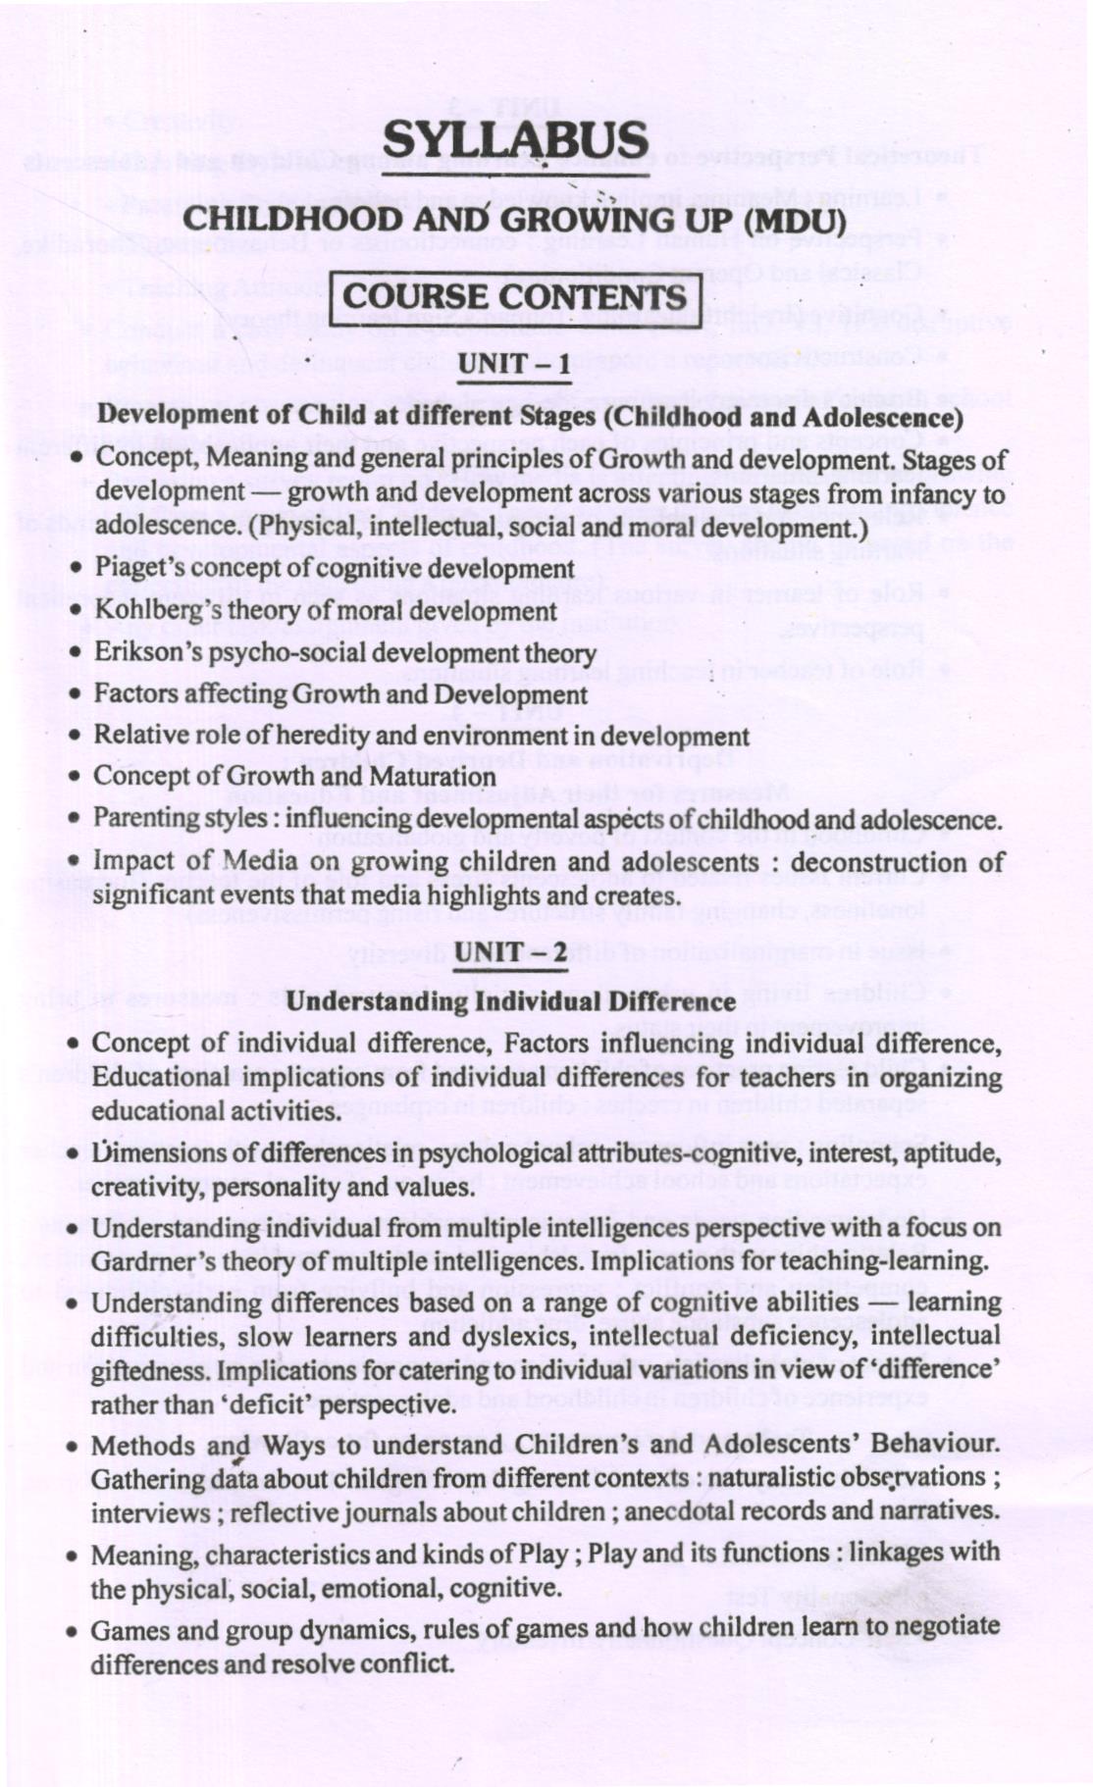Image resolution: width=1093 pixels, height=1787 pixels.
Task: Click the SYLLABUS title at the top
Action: [515, 139]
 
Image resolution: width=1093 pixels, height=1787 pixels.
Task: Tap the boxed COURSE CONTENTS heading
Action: [515, 297]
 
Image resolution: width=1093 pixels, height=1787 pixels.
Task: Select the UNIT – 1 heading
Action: [515, 365]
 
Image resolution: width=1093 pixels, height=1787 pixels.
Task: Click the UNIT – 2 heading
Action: [510, 952]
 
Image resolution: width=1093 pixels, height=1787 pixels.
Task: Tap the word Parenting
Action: [140, 819]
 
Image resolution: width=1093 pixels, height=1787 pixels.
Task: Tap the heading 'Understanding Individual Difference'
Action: [511, 1001]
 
